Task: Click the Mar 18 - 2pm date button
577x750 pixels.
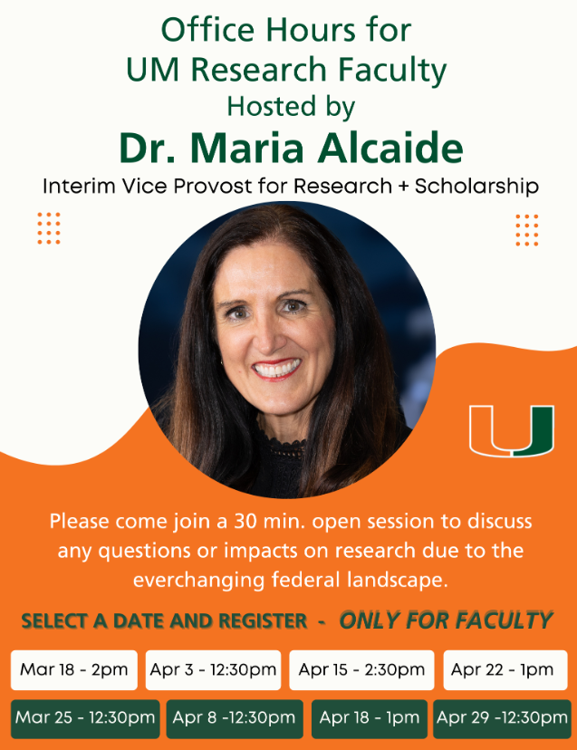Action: click(74, 669)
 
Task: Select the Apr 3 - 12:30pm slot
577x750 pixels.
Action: click(214, 669)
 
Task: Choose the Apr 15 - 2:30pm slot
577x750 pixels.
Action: click(361, 669)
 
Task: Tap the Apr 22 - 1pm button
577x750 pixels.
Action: click(505, 669)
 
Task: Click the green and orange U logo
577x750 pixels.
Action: click(512, 430)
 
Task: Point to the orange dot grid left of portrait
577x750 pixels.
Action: click(49, 228)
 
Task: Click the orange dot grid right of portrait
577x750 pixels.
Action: click(527, 230)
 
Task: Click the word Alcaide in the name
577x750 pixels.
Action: click(390, 148)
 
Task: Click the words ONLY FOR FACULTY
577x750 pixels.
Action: click(446, 620)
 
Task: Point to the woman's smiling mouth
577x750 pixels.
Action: click(276, 370)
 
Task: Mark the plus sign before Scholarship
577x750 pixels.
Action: click(404, 187)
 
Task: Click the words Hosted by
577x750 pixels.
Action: click(291, 107)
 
